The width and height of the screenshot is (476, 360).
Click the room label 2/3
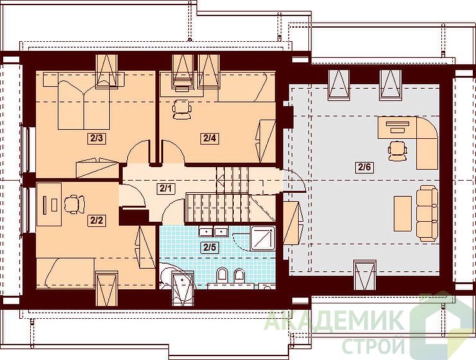(96, 139)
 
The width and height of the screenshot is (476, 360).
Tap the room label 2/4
(209, 138)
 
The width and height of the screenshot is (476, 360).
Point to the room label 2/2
(96, 221)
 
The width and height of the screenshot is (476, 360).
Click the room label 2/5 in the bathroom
(209, 247)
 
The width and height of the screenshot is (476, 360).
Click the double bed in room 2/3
(84, 105)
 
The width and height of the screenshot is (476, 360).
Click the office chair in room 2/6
(398, 150)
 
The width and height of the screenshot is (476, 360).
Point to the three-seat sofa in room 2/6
(427, 214)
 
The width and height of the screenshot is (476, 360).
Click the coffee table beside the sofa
(403, 213)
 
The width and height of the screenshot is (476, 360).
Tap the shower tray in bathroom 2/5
(263, 238)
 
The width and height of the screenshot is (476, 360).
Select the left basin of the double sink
(206, 232)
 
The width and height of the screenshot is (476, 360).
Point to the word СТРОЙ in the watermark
(374, 346)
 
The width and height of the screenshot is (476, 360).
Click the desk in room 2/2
(49, 204)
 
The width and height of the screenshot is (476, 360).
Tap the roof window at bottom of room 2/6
(366, 275)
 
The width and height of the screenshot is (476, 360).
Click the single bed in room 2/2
(71, 273)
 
